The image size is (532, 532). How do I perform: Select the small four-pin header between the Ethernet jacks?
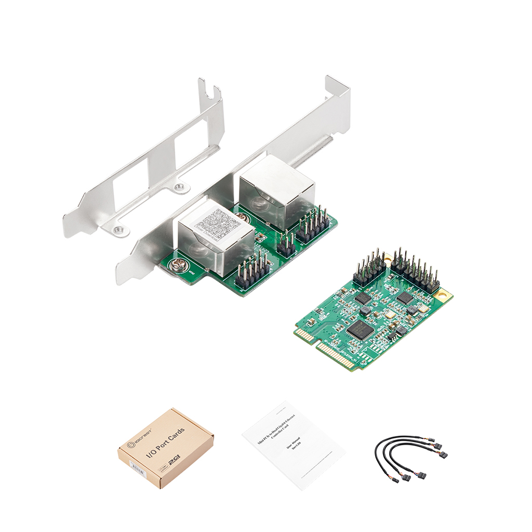[286, 244]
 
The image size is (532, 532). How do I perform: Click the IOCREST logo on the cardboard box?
[138, 439]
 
